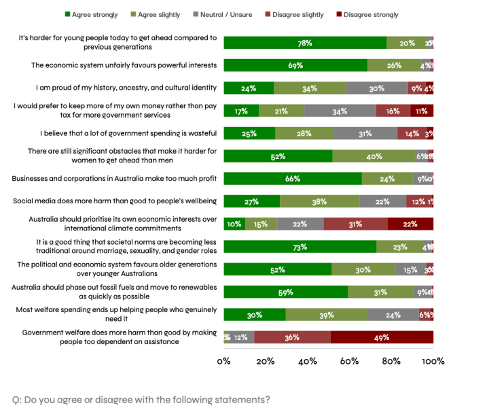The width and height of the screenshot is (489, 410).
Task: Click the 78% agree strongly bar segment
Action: pyautogui.click(x=305, y=43)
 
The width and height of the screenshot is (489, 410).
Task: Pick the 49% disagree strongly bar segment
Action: pyautogui.click(x=382, y=337)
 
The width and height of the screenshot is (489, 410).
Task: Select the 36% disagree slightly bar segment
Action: pyautogui.click(x=292, y=337)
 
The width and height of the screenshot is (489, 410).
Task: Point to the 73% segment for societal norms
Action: pyautogui.click(x=300, y=247)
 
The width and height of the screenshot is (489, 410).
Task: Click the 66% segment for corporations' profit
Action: pyautogui.click(x=293, y=179)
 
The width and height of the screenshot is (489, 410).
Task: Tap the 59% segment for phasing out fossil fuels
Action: pyautogui.click(x=285, y=292)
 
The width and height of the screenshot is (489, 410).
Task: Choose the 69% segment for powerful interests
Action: pyautogui.click(x=295, y=65)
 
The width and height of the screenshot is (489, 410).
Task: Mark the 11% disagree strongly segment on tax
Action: pyautogui.click(x=421, y=111)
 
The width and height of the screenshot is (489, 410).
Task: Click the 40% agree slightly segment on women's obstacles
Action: pyautogui.click(x=374, y=156)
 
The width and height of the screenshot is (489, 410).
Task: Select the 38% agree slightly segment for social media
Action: pyautogui.click(x=319, y=201)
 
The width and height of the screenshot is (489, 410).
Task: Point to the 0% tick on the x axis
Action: pyautogui.click(x=223, y=361)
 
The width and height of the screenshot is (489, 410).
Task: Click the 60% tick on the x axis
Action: pyautogui.click(x=349, y=361)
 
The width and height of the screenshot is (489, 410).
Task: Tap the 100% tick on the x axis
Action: pyautogui.click(x=432, y=361)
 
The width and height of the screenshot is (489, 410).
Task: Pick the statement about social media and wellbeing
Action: pyautogui.click(x=115, y=201)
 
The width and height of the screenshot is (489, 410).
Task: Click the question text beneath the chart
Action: pyautogui.click(x=141, y=400)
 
